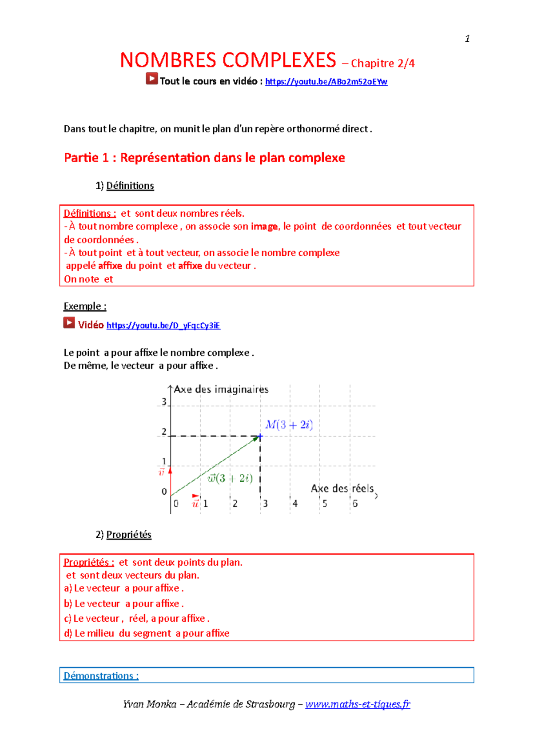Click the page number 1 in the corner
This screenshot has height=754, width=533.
click(467, 39)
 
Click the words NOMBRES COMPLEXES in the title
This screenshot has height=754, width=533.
click(228, 60)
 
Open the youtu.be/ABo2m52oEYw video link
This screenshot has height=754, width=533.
click(326, 82)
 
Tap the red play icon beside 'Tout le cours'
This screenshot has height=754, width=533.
click(151, 79)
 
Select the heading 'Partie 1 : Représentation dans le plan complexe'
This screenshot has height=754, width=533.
click(204, 158)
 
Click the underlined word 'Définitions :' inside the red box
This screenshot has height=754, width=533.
click(90, 213)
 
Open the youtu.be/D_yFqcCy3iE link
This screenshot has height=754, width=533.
click(163, 325)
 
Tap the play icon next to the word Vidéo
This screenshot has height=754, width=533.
click(69, 322)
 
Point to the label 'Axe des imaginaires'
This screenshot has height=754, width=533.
click(221, 389)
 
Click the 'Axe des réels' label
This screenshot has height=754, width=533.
click(342, 488)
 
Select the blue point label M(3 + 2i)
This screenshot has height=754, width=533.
click(289, 425)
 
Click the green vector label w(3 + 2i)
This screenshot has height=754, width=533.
click(230, 478)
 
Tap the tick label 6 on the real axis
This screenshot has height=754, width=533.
click(355, 504)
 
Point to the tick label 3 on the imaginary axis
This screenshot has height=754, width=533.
click(164, 401)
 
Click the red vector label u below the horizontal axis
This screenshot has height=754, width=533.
click(195, 504)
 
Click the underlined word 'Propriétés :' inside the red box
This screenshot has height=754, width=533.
click(89, 562)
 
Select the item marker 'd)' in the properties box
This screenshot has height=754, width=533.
click(68, 633)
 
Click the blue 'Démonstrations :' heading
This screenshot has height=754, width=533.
click(101, 676)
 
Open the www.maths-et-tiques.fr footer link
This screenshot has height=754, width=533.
click(358, 704)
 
